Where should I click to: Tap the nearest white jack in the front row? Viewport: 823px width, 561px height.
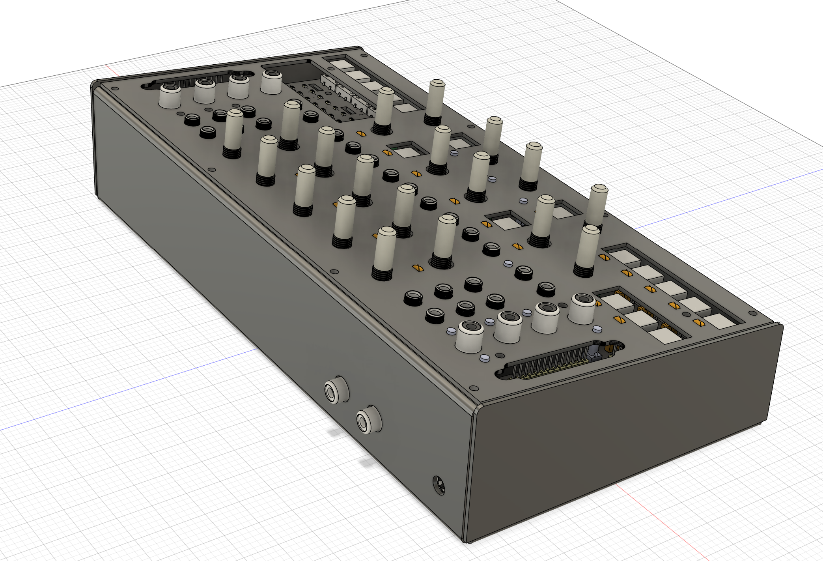tap(470, 337)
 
